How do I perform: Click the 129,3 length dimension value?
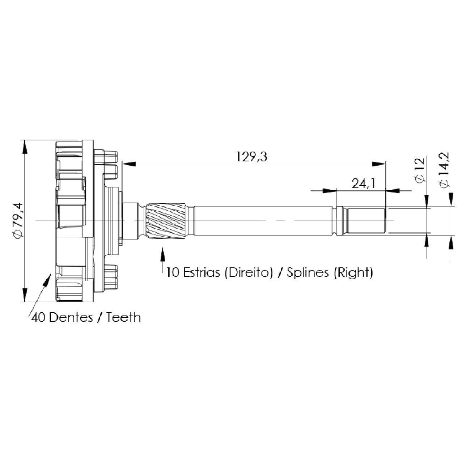(x=251, y=157)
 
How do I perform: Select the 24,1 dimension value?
(x=363, y=184)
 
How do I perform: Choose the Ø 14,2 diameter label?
(x=444, y=170)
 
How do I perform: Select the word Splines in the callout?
(x=308, y=273)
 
